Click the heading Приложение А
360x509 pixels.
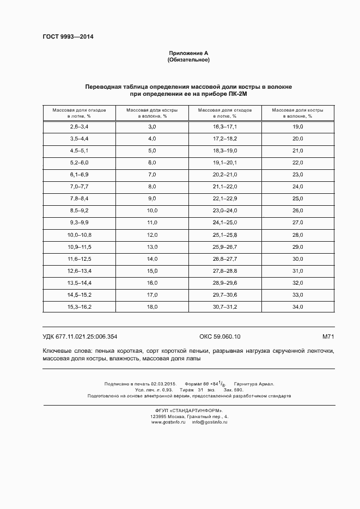(x=188, y=53)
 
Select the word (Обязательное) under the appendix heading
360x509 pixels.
(x=188, y=59)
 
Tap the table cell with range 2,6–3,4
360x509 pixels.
(x=79, y=126)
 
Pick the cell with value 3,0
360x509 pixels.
(x=152, y=126)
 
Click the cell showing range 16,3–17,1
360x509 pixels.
(x=225, y=126)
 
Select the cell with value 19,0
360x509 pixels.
(x=298, y=126)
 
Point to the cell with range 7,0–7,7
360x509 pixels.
(x=79, y=186)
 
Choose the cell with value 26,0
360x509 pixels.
(x=298, y=210)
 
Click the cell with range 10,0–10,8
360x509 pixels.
(x=79, y=235)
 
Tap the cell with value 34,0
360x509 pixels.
(x=298, y=307)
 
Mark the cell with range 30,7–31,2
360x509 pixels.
(x=225, y=307)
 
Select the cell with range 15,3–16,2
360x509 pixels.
(x=79, y=307)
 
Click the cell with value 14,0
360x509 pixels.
(x=152, y=259)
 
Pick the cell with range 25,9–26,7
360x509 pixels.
(x=225, y=247)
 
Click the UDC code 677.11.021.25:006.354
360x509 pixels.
(x=80, y=337)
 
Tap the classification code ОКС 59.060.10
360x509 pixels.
(x=216, y=337)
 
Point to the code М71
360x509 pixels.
(x=328, y=337)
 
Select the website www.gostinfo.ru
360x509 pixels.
(x=167, y=422)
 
